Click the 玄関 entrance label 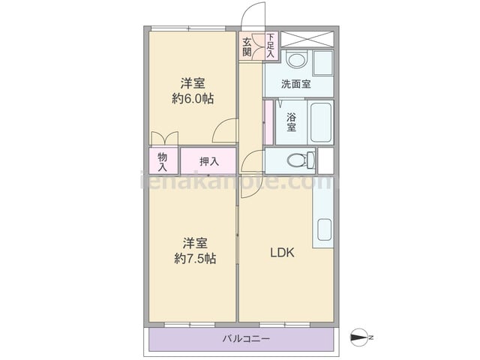click(247, 46)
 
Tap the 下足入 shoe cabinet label click(271, 46)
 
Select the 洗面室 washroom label click(296, 84)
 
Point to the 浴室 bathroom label click(291, 122)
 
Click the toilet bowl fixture click(301, 160)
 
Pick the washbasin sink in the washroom click(297, 60)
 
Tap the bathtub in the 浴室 click(321, 122)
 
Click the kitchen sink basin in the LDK click(325, 229)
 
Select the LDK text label click(282, 253)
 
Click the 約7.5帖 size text click(195, 259)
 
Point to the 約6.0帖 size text click(193, 98)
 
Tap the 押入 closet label click(209, 161)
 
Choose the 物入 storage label click(162, 162)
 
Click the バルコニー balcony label click(246, 338)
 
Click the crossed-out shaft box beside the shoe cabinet click(307, 39)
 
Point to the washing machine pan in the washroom click(323, 63)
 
